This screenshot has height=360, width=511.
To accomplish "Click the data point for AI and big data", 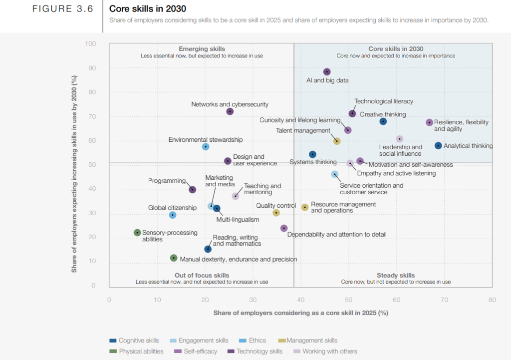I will coord(327,72).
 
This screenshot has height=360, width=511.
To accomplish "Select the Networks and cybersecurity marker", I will coord(230,111).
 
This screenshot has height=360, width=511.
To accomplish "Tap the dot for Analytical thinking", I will coord(438,146).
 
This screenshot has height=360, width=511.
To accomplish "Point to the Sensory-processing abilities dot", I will coord(138,233).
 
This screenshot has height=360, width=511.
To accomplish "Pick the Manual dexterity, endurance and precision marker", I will coord(174,258).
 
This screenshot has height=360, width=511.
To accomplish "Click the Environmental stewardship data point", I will coord(206,147).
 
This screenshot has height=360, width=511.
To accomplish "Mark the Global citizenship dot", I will coord(173,215).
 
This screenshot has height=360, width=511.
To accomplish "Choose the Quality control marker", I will coord(276,213).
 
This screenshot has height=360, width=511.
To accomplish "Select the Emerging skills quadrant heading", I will coord(202,49).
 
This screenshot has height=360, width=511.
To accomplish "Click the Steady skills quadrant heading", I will coord(396,275).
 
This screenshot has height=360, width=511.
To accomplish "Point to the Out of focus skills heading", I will coord(202,275).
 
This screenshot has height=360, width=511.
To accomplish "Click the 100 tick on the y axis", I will coord(90,44).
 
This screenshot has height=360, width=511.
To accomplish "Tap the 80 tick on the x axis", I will coord(492,300).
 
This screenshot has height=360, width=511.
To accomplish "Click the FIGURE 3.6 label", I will coord(63,9).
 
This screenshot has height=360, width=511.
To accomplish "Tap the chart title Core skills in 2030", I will coord(148,8).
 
